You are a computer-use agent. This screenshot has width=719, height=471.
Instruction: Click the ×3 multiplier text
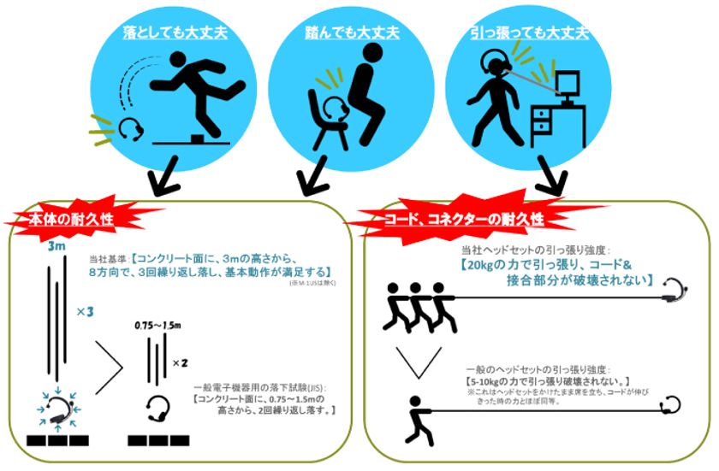click(84, 312)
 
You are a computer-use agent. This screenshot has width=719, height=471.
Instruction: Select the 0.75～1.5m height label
click(157, 327)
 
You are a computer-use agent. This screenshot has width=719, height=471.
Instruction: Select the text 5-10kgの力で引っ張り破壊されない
click(544, 380)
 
